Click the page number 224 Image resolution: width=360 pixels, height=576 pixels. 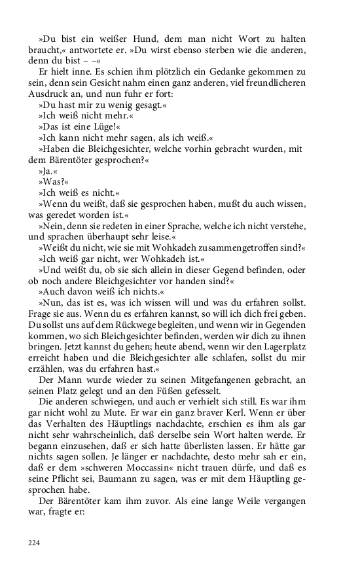coord(34,542)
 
